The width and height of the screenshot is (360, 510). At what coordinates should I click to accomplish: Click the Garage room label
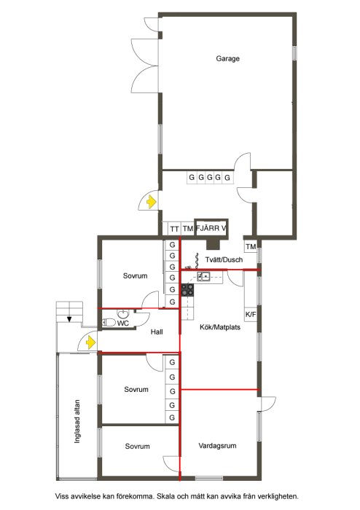(227, 58)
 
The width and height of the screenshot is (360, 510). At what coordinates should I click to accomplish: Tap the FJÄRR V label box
(211, 228)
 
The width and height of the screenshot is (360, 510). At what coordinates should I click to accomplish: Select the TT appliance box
(174, 229)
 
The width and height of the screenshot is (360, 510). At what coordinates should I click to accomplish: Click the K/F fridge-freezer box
(251, 315)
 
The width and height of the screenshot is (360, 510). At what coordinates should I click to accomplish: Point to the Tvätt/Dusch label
(224, 259)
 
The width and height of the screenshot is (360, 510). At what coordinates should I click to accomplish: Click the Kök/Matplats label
(220, 327)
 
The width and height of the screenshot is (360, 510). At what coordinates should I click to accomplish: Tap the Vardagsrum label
(217, 446)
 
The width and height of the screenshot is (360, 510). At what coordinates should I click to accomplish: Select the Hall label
(157, 331)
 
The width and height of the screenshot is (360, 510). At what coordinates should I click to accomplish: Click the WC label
(123, 323)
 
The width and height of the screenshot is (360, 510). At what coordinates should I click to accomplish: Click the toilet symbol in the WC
(109, 323)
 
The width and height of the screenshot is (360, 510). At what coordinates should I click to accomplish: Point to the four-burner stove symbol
(187, 290)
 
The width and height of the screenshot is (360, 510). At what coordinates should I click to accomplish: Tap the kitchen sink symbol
(203, 277)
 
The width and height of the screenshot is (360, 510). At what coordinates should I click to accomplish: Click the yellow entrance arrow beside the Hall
(90, 342)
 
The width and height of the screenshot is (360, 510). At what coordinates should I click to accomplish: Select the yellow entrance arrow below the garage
(152, 202)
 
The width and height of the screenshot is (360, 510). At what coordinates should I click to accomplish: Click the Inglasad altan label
(77, 421)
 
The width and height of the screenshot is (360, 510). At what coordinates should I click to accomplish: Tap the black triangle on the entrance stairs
(69, 319)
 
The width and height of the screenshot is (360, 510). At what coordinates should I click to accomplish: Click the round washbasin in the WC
(123, 314)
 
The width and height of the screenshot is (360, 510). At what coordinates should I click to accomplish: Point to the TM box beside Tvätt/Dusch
(251, 247)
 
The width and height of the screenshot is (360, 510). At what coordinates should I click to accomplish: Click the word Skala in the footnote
(165, 496)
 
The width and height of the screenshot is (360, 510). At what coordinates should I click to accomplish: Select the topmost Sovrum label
(135, 276)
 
